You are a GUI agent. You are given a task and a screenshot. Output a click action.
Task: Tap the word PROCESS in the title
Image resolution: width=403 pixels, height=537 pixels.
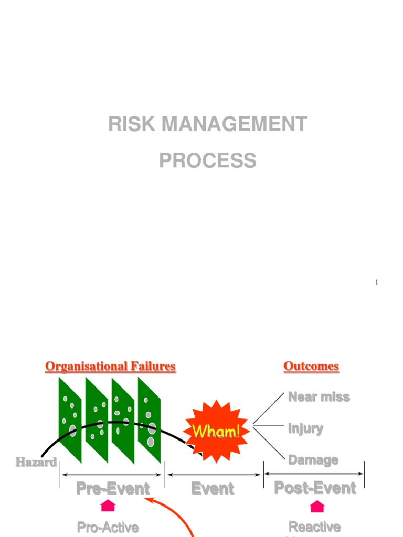point(208,160)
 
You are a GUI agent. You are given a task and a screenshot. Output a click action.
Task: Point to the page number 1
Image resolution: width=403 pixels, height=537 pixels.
point(376,283)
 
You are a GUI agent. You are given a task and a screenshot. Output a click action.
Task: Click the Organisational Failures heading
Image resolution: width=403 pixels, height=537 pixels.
point(110,366)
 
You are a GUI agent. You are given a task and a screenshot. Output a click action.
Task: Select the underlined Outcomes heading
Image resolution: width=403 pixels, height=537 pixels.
point(311,366)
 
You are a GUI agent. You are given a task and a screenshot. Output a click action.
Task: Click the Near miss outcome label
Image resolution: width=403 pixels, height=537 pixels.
point(319,397)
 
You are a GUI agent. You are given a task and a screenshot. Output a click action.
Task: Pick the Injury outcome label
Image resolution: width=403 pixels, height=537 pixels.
point(305,428)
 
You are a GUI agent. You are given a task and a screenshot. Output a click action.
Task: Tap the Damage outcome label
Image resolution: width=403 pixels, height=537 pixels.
point(313,460)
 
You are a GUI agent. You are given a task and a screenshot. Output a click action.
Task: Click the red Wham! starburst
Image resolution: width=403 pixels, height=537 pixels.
point(216,431)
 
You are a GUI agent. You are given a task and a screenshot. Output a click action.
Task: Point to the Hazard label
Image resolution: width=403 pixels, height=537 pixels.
point(36,462)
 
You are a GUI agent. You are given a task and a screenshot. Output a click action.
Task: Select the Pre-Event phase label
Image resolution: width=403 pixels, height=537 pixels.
point(113,489)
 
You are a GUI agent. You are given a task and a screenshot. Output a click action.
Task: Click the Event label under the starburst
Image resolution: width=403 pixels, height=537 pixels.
point(213,489)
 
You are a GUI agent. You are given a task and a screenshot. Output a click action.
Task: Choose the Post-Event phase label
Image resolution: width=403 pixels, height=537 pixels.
point(315,488)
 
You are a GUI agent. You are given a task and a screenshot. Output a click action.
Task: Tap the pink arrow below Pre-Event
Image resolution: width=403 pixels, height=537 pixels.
point(108,506)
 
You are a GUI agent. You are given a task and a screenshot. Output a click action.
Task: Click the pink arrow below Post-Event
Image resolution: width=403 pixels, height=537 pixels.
point(317,506)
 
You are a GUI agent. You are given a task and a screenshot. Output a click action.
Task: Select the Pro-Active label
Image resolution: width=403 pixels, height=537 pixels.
point(108,527)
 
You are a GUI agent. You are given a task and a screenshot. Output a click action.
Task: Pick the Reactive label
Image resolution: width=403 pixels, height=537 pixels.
point(315,527)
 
